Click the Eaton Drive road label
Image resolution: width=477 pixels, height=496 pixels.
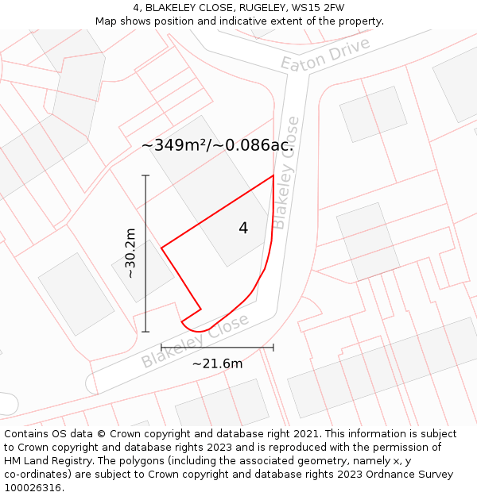pyautogui.click(x=326, y=54)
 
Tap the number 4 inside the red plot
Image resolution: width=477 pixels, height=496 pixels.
pyautogui.click(x=243, y=229)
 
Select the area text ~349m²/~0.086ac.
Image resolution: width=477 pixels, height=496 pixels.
pyautogui.click(x=217, y=145)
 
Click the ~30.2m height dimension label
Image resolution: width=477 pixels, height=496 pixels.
pyautogui.click(x=130, y=253)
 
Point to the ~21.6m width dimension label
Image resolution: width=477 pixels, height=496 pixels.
pyautogui.click(x=217, y=363)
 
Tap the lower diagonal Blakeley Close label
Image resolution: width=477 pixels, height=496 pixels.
pyautogui.click(x=195, y=340)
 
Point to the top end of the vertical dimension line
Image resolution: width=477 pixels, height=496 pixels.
pyautogui.click(x=145, y=175)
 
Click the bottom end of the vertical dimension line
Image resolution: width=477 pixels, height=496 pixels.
pyautogui.click(x=145, y=332)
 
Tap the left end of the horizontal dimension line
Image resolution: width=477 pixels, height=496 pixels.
pyautogui.click(x=161, y=347)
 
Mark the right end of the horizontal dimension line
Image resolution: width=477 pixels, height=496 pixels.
pyautogui.click(x=273, y=347)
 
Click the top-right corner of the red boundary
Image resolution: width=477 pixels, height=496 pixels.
pyautogui.click(x=273, y=175)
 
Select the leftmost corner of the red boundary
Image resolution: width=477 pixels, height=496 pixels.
pyautogui.click(x=161, y=248)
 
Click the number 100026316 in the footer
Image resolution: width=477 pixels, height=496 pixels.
pyautogui.click(x=33, y=488)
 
